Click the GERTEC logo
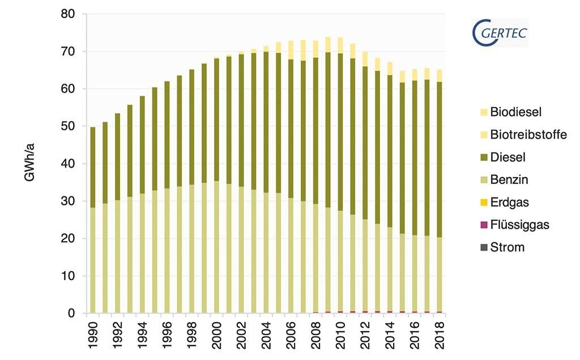coord(499,33)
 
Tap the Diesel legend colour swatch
coord(483,157)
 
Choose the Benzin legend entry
coord(509,180)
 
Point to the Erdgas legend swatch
coord(483,202)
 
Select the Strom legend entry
coord(507,247)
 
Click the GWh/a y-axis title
coord(30,164)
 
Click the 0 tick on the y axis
coord(71,313)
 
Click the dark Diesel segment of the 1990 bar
coord(93,167)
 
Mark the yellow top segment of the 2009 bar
coord(329,45)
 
